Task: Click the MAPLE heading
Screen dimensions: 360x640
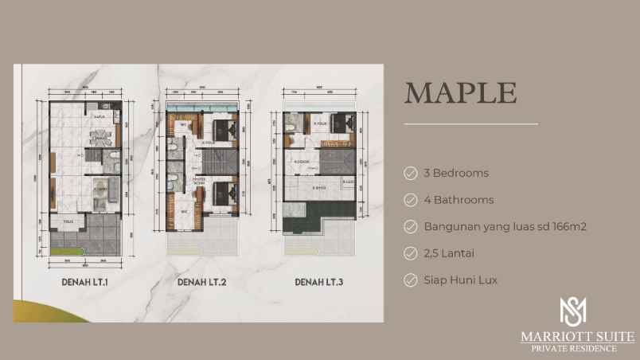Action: tap(461, 92)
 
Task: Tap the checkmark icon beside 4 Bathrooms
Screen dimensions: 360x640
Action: tap(411, 200)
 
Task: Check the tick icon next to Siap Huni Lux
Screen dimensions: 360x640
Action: tap(411, 280)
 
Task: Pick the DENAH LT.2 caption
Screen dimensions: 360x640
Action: tap(201, 281)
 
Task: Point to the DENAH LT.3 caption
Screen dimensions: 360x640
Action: tap(319, 281)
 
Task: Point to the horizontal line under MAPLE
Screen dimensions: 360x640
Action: tap(470, 124)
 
